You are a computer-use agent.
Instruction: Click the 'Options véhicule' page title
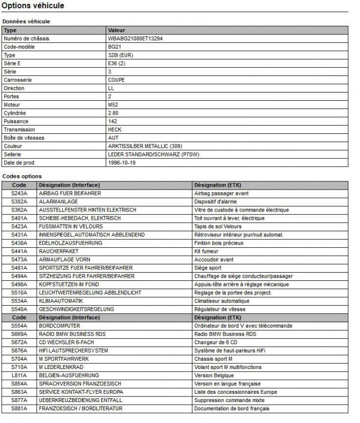point(33,6)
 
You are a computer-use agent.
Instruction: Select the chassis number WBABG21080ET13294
point(135,39)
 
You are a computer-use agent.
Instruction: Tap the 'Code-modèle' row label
point(20,47)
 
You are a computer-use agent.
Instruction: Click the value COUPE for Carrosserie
point(117,80)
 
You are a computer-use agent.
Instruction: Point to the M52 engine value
point(113,105)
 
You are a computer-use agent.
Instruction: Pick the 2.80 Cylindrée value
point(113,113)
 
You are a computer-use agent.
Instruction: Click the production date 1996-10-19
point(122,162)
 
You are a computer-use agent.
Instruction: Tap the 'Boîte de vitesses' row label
point(24,138)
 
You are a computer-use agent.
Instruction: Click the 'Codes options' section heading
point(22,176)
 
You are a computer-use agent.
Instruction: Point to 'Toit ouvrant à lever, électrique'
point(230,218)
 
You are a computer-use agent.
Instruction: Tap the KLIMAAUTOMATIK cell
point(61,301)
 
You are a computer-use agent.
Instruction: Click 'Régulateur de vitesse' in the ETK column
point(221,309)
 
